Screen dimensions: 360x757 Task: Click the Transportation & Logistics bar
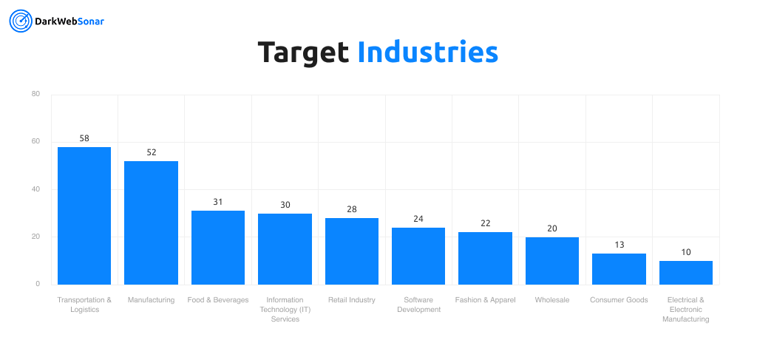[x=84, y=215]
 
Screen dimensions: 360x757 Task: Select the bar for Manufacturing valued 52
[x=151, y=223]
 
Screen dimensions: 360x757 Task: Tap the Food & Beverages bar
[x=218, y=248]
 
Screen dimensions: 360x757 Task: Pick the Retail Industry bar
[x=352, y=251]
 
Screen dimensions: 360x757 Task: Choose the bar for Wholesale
[x=552, y=260]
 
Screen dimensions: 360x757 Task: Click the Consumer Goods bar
[x=619, y=269]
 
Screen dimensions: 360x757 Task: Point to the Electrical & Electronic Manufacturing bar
[x=686, y=273]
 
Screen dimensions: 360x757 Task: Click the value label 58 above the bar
[x=84, y=138]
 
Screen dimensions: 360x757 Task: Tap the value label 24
[x=418, y=219]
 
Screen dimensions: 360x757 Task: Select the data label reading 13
[x=619, y=245]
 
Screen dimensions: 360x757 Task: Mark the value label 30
[x=285, y=205]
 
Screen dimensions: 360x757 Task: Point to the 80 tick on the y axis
[x=35, y=94]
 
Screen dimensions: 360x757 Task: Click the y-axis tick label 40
[x=35, y=189]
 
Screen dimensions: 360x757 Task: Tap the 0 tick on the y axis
[x=38, y=284]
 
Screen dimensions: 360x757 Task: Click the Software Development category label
[x=418, y=305]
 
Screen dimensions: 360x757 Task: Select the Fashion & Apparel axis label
[x=485, y=300]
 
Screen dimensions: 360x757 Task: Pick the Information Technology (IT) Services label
[x=285, y=309]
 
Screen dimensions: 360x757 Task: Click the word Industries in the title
[x=427, y=52]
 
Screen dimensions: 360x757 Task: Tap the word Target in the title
[x=303, y=52]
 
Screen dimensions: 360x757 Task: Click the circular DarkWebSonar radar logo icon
[x=20, y=21]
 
